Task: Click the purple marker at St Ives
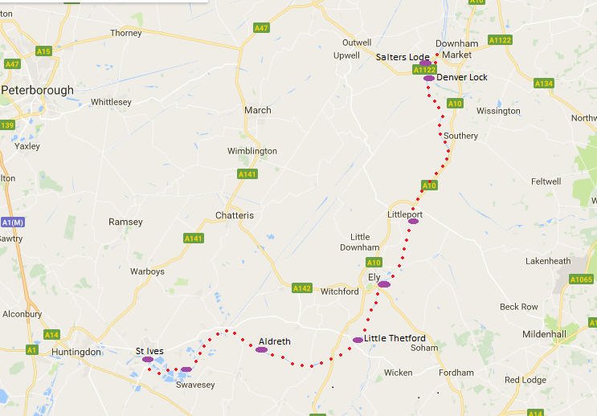(148, 360)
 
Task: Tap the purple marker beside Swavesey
(186, 369)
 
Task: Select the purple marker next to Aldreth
(261, 349)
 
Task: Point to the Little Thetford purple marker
(358, 340)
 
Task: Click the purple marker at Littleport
(413, 221)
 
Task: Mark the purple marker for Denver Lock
(429, 78)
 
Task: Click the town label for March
(258, 110)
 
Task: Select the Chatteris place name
(235, 215)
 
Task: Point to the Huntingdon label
(76, 352)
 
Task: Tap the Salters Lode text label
(403, 57)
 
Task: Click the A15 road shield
(43, 51)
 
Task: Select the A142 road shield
(302, 288)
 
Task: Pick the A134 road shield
(544, 84)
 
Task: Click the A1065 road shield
(581, 279)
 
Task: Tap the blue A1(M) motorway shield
(12, 222)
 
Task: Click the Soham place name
(424, 348)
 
